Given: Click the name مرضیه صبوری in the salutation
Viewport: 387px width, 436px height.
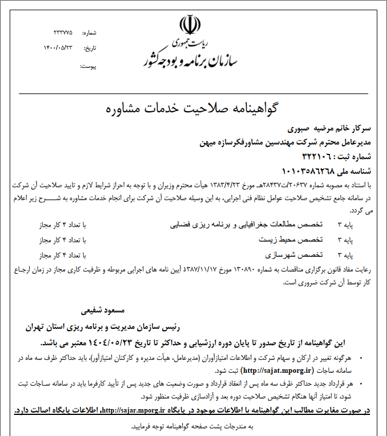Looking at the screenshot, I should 306,127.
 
